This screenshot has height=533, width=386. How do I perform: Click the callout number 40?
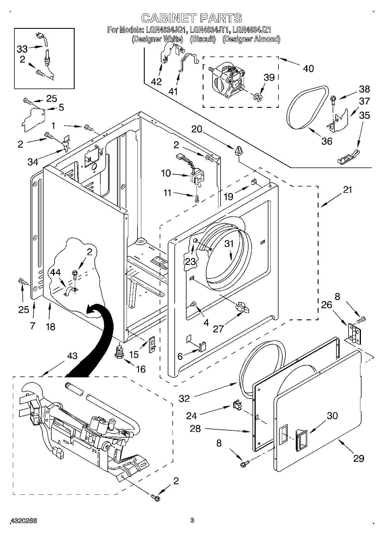(x=308, y=69)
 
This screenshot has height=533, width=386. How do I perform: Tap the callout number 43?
(x=72, y=356)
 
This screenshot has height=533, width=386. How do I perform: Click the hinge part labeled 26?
(x=354, y=334)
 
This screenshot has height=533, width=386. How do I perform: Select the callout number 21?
(x=347, y=190)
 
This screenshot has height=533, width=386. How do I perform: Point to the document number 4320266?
(x=24, y=520)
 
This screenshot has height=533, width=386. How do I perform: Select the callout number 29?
(x=359, y=458)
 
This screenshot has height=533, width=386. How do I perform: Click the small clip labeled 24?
(x=237, y=405)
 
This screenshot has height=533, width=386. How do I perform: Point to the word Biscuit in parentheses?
(x=202, y=39)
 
